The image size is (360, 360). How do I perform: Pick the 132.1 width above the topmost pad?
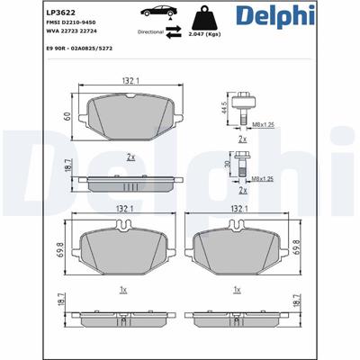[130, 82]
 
